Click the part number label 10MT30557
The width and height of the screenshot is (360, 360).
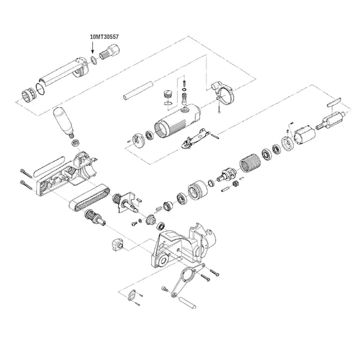[x=104, y=37]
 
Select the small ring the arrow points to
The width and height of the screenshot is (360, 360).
[x=93, y=60]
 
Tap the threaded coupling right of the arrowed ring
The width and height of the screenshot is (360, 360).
[x=110, y=52]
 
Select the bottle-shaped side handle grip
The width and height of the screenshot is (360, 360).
[x=63, y=122]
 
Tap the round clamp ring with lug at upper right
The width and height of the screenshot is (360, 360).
[x=223, y=92]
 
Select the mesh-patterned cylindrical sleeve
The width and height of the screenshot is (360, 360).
[x=250, y=163]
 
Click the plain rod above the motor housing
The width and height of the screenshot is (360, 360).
[x=138, y=90]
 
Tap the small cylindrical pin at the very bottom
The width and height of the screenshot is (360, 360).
[x=187, y=303]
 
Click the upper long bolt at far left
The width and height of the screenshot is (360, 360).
[x=26, y=173]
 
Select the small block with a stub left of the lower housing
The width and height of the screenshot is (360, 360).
[x=118, y=245]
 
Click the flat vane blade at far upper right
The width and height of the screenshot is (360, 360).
[x=334, y=101]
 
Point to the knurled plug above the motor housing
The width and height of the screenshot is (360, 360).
[x=167, y=94]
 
